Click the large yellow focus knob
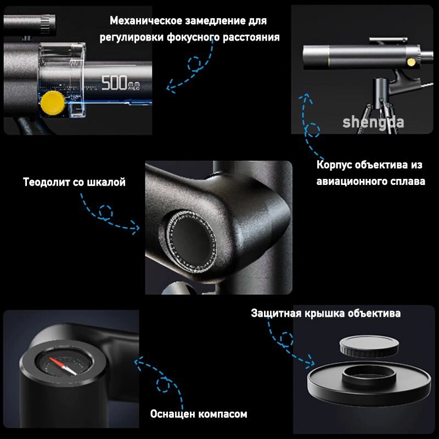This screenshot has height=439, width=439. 53,103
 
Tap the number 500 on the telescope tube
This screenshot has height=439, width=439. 114,83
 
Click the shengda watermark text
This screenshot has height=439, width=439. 373,122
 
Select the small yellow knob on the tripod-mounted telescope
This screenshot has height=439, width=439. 411,62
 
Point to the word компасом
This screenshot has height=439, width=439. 221,414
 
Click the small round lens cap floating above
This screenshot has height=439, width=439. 369,346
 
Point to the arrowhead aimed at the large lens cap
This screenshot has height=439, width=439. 310,362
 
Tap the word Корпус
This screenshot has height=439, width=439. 334,165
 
